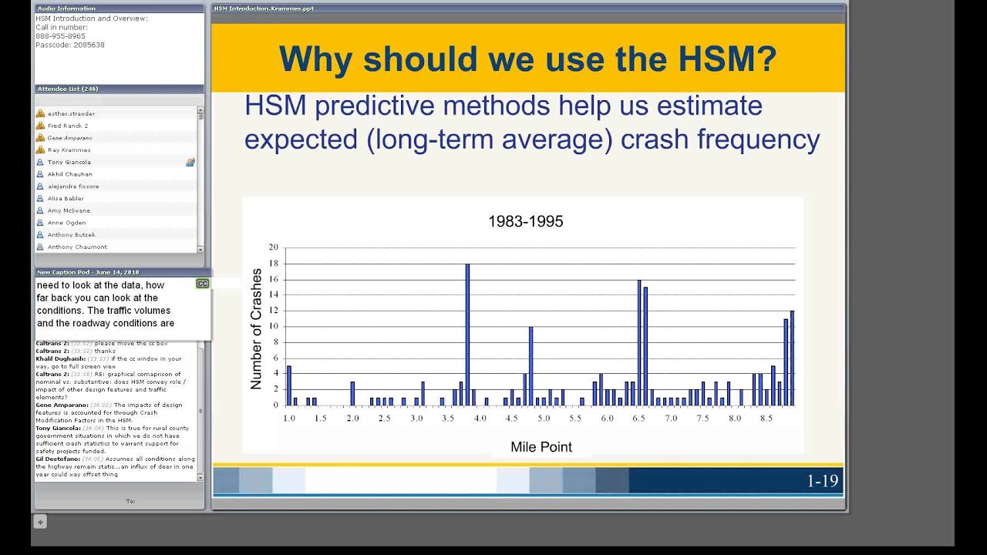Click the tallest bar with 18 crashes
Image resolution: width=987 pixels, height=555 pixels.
point(467,335)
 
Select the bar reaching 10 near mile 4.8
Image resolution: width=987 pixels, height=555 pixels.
point(531,366)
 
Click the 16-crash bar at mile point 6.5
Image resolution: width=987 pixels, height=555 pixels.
point(639,343)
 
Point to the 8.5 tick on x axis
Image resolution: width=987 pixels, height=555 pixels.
point(766,418)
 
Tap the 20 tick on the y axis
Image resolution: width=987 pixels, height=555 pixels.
point(273,247)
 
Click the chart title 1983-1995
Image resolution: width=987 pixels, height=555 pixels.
point(525,222)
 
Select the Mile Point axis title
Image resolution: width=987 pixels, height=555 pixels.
point(541,446)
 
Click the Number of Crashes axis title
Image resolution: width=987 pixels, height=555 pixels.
point(257,328)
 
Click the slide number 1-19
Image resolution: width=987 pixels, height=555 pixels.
point(822,481)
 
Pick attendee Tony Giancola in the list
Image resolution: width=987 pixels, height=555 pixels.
point(69,163)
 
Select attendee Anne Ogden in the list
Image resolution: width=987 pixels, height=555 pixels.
point(66,223)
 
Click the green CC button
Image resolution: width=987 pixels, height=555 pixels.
point(202,284)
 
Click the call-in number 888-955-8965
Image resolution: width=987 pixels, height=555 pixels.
point(60,36)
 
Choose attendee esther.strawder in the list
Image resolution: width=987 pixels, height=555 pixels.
point(71,114)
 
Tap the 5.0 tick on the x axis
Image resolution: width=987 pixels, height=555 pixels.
point(544,418)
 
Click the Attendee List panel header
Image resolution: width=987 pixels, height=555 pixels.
point(68,89)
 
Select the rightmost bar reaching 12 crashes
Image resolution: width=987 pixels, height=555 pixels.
point(791,358)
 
